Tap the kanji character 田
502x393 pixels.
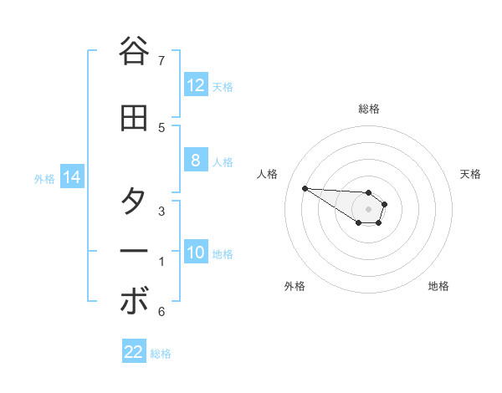(135, 118)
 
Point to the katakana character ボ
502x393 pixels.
(135, 302)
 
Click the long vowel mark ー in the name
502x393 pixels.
(135, 251)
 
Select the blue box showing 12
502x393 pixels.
(196, 85)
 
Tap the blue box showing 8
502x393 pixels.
(196, 161)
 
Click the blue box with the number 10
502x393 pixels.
(196, 253)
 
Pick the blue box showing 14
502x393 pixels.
(71, 177)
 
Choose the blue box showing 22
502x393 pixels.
(134, 353)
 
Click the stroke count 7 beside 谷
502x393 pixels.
(161, 60)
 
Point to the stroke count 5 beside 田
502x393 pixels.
(161, 127)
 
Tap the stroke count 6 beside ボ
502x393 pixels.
(161, 312)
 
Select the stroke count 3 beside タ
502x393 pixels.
(161, 212)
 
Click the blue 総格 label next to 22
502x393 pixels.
(161, 354)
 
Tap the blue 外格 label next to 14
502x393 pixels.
(44, 178)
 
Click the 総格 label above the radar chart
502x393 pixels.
(369, 109)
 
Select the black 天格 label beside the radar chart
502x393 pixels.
(470, 174)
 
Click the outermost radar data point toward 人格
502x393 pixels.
(305, 188)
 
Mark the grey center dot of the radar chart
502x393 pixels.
(368, 208)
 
